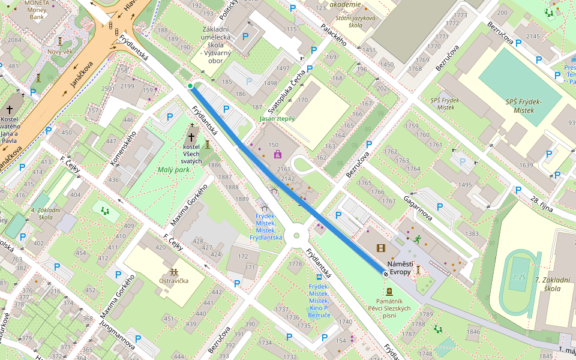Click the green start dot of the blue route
coord(190,86)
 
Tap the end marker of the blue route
coord(385,273)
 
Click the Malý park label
coord(173,170)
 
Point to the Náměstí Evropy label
coord(400,268)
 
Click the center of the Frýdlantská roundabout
coord(296,236)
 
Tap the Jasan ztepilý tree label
coord(277,119)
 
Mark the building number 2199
coord(127,86)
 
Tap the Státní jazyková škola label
coord(356,22)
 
